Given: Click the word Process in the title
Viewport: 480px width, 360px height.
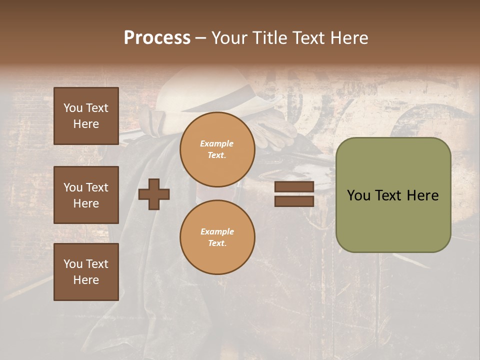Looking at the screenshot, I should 157,37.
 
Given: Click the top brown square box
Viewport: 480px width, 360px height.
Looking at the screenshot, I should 86,116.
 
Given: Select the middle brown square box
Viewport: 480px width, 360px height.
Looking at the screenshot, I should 86,195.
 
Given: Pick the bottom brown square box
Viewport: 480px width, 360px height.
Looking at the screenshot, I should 86,272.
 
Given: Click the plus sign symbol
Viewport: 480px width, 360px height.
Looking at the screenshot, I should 154,194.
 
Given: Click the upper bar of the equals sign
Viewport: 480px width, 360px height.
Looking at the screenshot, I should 294,187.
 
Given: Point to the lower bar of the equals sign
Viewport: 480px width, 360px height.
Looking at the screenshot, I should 294,201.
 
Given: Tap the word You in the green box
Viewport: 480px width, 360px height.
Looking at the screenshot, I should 358,195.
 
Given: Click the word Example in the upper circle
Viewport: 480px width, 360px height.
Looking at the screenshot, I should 217,143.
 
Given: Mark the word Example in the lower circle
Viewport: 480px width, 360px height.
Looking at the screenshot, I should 217,231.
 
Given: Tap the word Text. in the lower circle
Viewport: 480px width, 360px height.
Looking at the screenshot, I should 217,243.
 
